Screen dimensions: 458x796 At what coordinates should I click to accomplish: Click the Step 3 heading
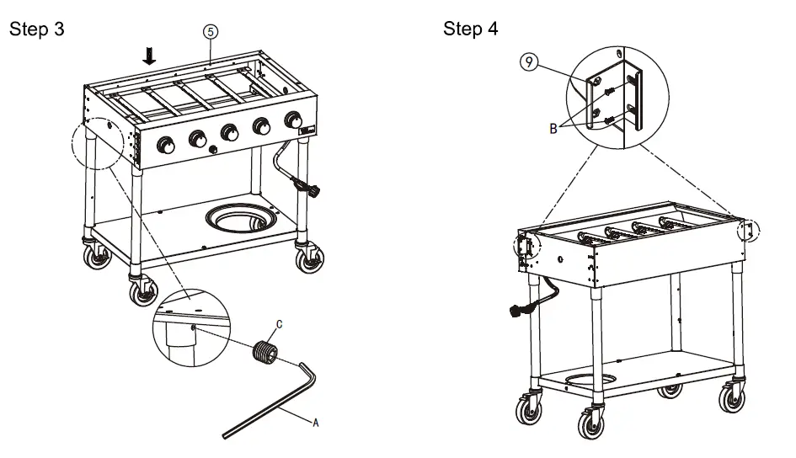click(35, 29)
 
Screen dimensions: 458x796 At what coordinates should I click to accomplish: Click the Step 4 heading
click(470, 29)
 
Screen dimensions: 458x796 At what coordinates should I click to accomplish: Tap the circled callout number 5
click(209, 31)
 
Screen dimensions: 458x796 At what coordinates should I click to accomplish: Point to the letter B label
click(552, 129)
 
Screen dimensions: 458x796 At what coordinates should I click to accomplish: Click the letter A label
click(316, 423)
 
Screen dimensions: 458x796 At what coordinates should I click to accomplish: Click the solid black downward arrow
click(150, 56)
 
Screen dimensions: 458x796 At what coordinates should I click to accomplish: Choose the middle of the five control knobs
click(228, 133)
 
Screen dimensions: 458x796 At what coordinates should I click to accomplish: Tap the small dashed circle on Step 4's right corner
click(747, 230)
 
